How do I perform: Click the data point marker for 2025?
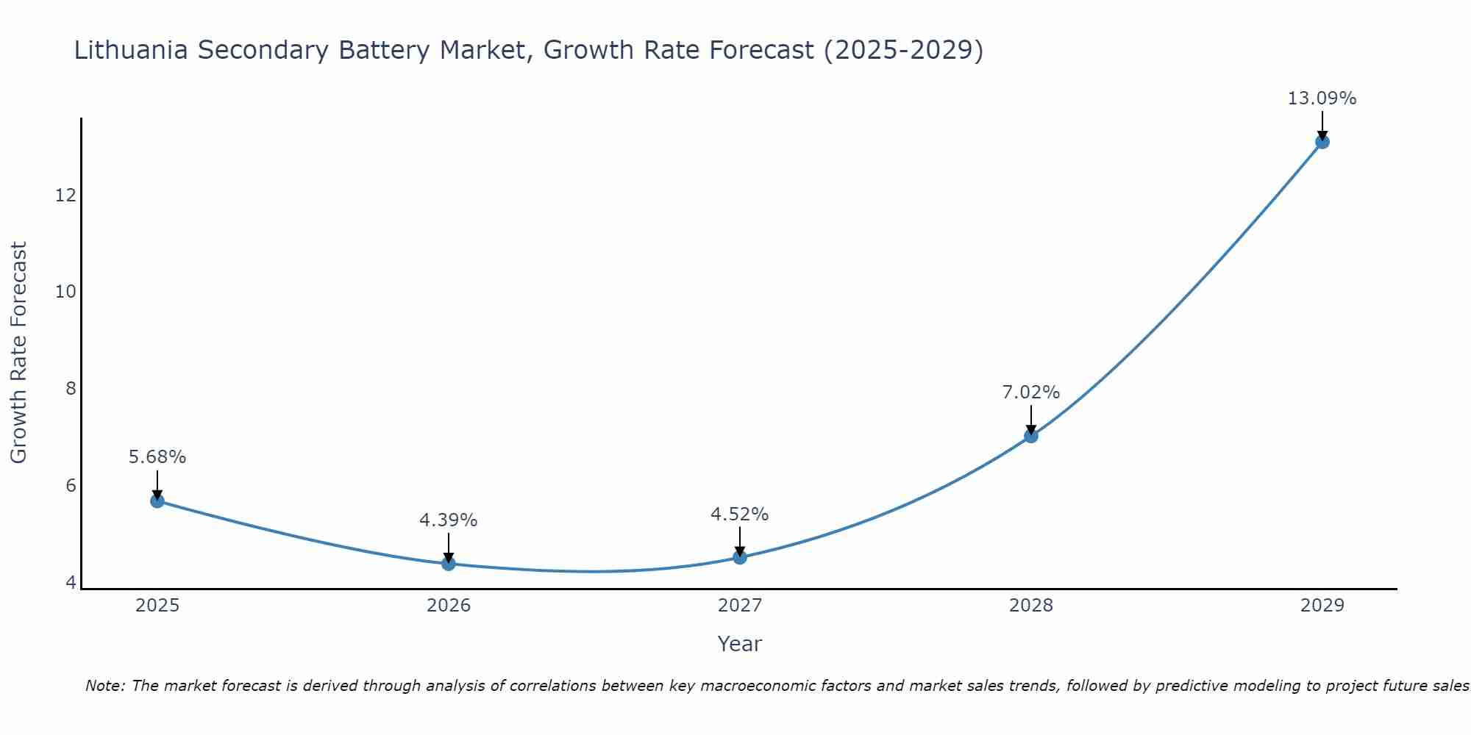pyautogui.click(x=157, y=501)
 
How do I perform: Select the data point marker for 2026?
pyautogui.click(x=449, y=563)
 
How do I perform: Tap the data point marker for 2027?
pyautogui.click(x=740, y=557)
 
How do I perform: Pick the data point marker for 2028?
pyautogui.click(x=1031, y=436)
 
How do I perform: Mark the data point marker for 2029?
pyautogui.click(x=1322, y=142)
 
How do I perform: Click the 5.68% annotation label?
pyautogui.click(x=157, y=457)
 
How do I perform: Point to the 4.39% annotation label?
pyautogui.click(x=449, y=520)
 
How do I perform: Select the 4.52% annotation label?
pyautogui.click(x=740, y=514)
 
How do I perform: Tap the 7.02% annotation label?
pyautogui.click(x=1031, y=392)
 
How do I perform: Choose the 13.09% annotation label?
pyautogui.click(x=1322, y=98)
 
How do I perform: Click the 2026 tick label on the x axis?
pyautogui.click(x=449, y=606)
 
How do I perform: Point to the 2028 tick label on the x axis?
pyautogui.click(x=1031, y=606)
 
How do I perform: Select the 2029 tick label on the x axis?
pyautogui.click(x=1322, y=606)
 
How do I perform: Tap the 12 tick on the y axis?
pyautogui.click(x=65, y=196)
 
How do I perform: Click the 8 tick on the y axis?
pyautogui.click(x=71, y=389)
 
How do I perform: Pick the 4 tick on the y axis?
pyautogui.click(x=71, y=583)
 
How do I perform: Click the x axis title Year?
pyautogui.click(x=740, y=644)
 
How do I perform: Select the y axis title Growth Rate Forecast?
pyautogui.click(x=18, y=353)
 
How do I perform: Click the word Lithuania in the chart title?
pyautogui.click(x=130, y=50)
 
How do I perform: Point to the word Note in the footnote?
pyautogui.click(x=105, y=686)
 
